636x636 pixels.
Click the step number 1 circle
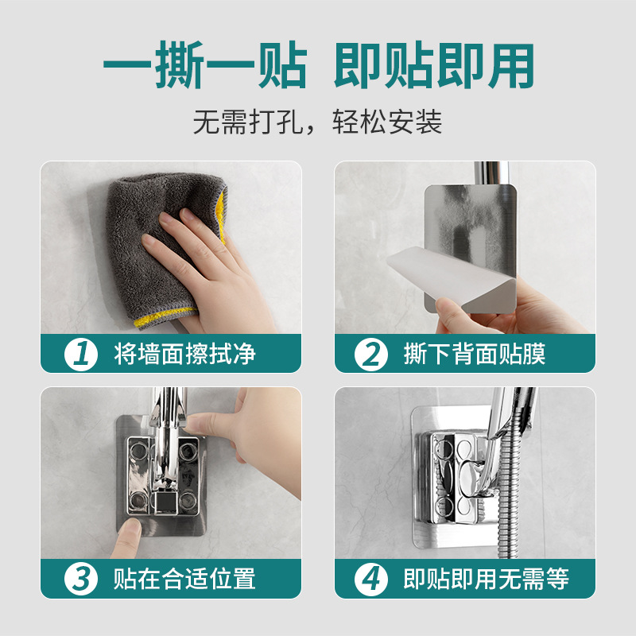click(81, 354)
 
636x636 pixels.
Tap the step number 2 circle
click(370, 354)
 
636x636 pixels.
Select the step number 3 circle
click(81, 579)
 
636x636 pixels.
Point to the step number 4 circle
click(370, 579)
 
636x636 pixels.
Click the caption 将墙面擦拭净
click(184, 354)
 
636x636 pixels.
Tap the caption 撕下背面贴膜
click(475, 354)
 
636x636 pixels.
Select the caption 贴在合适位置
click(184, 579)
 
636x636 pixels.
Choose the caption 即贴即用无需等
click(487, 579)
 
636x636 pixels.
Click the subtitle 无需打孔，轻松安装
click(317, 122)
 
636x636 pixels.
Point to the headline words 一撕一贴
click(205, 65)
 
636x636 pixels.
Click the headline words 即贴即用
click(433, 65)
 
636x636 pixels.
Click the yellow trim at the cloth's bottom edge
click(165, 317)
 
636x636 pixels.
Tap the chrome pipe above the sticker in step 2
click(491, 173)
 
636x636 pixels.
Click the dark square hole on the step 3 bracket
click(165, 504)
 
